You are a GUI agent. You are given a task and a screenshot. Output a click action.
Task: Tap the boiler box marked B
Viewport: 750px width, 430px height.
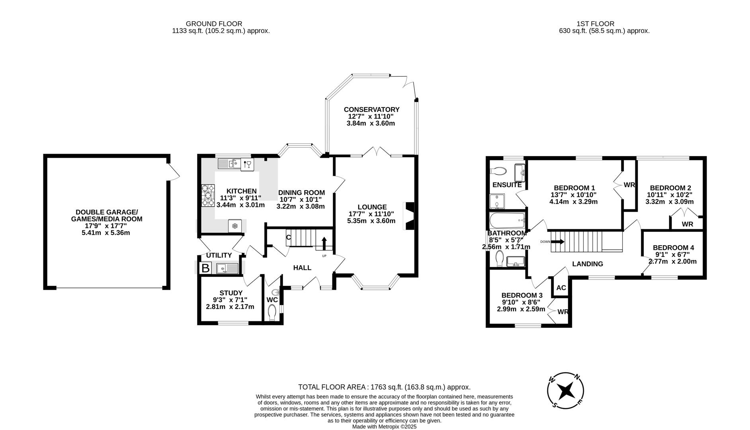(x=205, y=268)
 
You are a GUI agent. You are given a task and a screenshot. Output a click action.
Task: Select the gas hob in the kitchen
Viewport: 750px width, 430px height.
(x=208, y=195)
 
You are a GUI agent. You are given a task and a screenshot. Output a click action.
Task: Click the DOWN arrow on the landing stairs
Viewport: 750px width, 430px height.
(x=557, y=241)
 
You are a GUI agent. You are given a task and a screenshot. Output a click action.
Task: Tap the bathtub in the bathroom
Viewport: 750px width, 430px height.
(x=506, y=219)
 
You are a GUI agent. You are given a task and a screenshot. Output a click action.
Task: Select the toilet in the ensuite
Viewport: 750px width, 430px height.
(x=498, y=171)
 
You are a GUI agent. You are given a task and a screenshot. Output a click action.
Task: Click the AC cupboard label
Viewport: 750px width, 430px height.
(x=561, y=288)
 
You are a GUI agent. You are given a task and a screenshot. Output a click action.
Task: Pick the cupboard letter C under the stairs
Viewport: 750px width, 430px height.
(x=289, y=238)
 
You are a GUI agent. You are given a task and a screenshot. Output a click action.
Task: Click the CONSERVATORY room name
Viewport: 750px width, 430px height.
(x=371, y=109)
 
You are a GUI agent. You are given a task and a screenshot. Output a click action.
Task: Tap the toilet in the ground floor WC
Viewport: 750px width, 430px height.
(x=273, y=313)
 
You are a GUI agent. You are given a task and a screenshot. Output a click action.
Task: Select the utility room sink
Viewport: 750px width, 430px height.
(x=227, y=268)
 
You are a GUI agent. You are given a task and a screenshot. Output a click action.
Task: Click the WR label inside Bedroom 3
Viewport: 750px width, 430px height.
(x=562, y=312)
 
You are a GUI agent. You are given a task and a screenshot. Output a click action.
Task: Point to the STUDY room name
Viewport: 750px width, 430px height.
(x=231, y=293)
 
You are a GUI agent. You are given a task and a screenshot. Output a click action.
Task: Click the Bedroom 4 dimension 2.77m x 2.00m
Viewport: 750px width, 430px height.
(x=672, y=262)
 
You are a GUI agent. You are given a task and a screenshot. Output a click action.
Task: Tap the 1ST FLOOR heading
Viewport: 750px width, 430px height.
(x=595, y=24)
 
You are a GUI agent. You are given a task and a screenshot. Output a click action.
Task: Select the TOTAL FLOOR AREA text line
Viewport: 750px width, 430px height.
(x=384, y=387)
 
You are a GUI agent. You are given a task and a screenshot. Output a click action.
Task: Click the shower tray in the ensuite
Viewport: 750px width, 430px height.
(x=496, y=201)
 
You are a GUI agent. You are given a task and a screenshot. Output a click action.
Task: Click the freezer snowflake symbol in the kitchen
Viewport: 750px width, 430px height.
(x=235, y=226)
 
